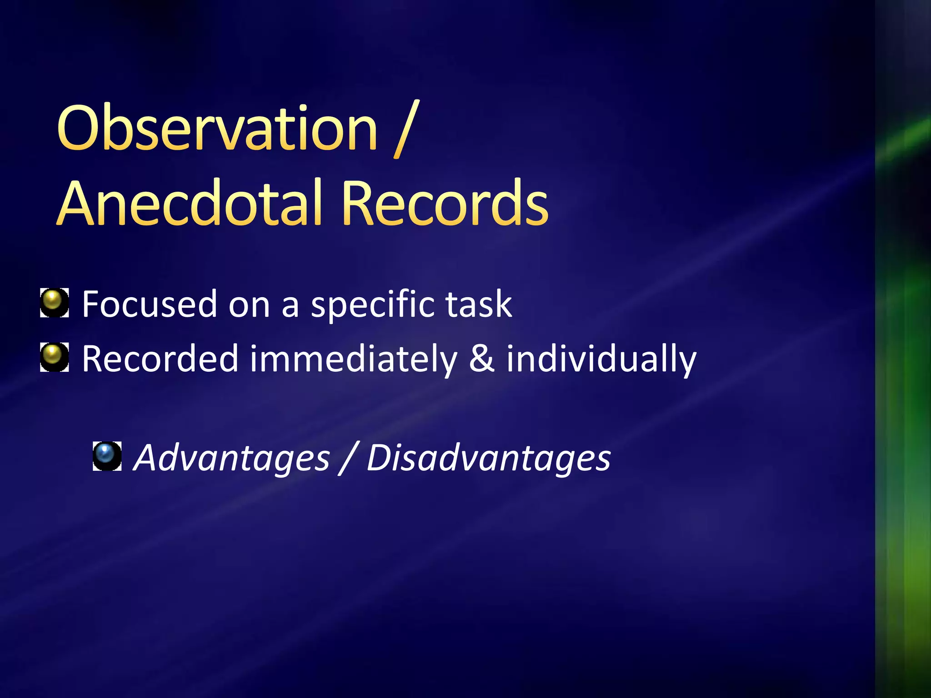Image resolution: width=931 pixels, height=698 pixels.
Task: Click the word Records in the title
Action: [445, 203]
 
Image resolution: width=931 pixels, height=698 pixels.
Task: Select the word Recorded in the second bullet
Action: [160, 359]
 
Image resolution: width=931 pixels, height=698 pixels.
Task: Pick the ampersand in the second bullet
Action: [481, 359]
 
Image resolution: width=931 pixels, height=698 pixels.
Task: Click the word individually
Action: [601, 359]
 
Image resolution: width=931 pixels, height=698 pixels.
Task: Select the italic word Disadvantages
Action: [489, 458]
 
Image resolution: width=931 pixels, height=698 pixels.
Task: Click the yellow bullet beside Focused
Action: [54, 302]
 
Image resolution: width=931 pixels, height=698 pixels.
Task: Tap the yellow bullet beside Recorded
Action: [54, 357]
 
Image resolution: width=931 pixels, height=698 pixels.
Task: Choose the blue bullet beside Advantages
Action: [107, 455]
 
